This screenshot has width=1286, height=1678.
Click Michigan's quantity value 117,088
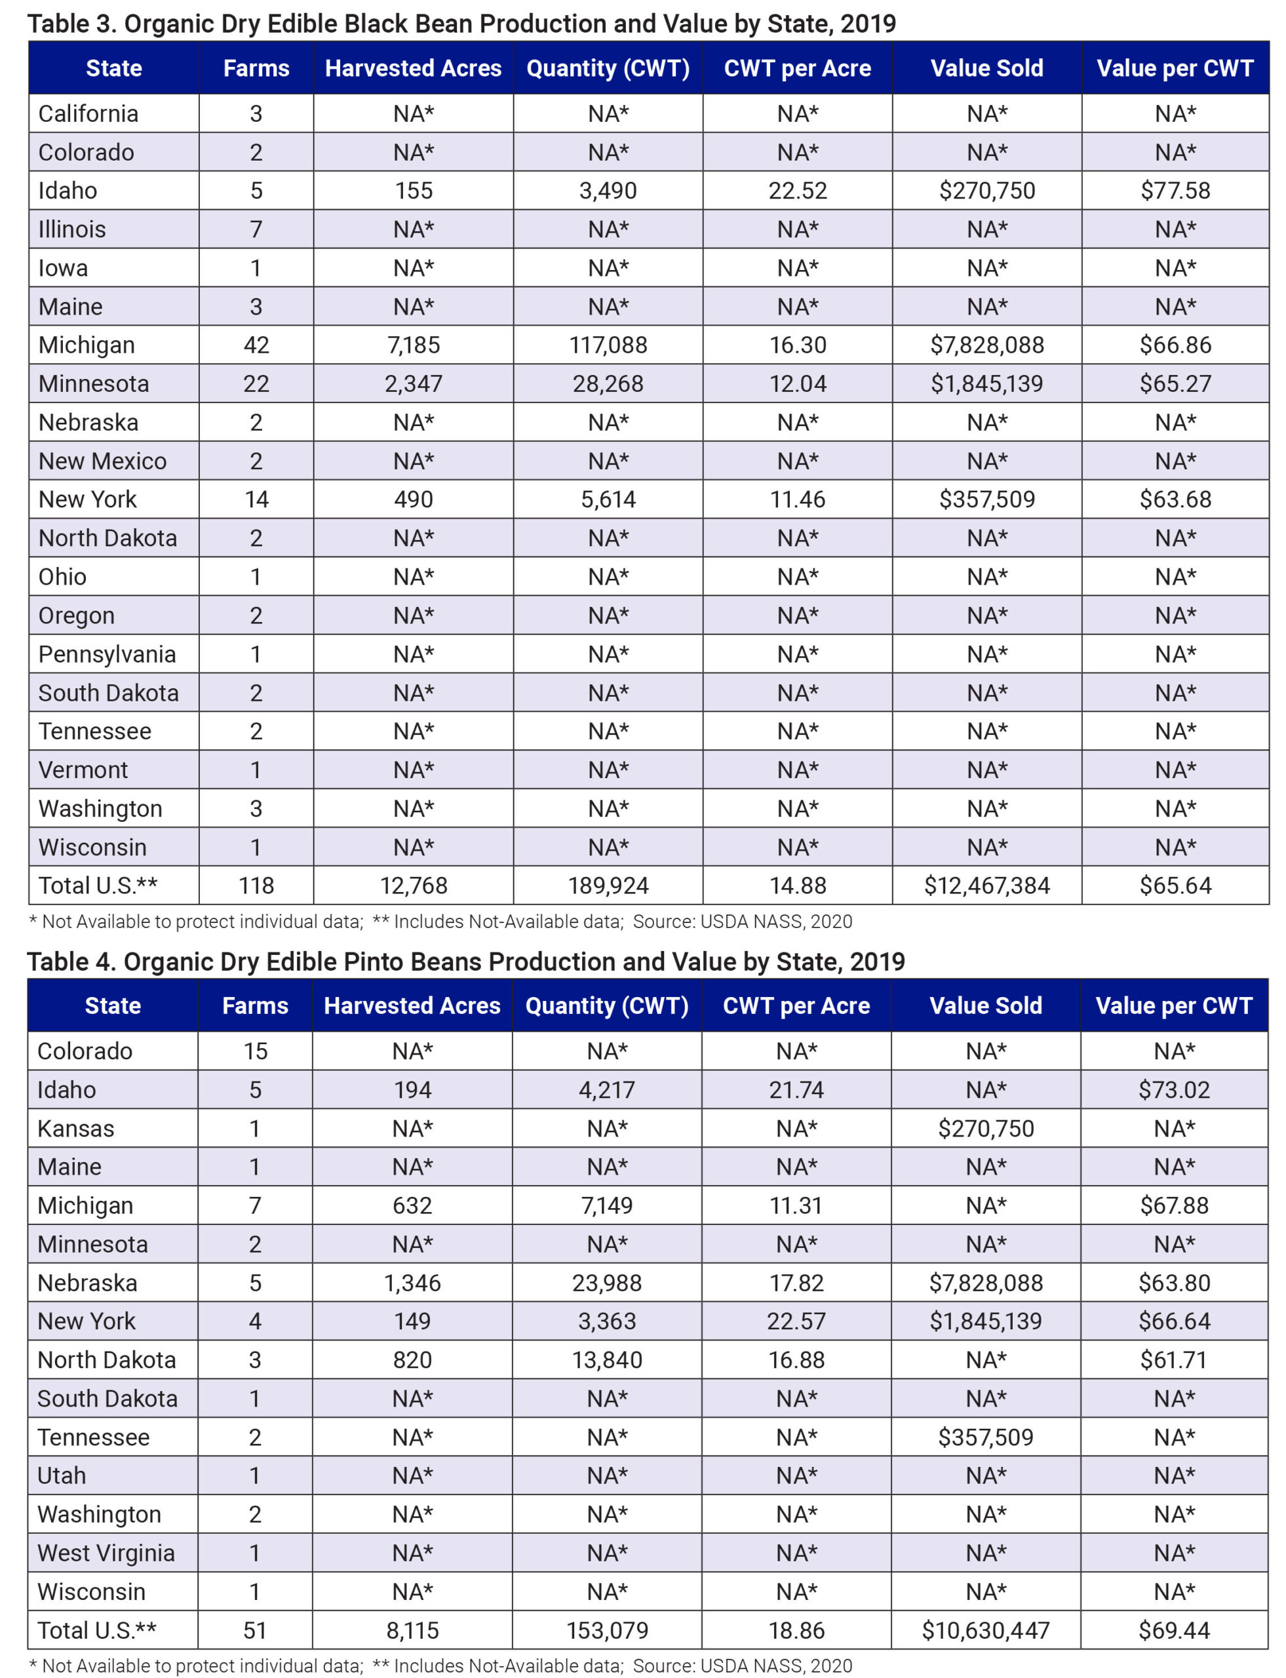pyautogui.click(x=608, y=345)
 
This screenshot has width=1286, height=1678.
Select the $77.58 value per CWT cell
pyautogui.click(x=1175, y=191)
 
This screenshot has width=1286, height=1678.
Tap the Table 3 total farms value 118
pyautogui.click(x=256, y=886)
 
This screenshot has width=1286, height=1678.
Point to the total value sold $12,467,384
pyautogui.click(x=986, y=886)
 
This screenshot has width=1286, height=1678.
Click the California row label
pyautogui.click(x=88, y=114)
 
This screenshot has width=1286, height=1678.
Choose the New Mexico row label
pyautogui.click(x=102, y=461)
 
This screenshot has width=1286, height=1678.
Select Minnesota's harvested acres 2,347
pyautogui.click(x=414, y=383)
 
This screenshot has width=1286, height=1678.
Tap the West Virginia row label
pyautogui.click(x=106, y=1553)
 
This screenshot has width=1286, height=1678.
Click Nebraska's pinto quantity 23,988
pyautogui.click(x=607, y=1283)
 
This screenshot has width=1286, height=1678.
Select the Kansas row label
pyautogui.click(x=76, y=1128)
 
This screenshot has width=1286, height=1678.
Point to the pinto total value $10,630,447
pyautogui.click(x=985, y=1631)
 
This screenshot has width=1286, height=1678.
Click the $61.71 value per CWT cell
pyautogui.click(x=1173, y=1360)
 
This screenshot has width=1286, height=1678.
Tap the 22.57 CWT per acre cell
pyautogui.click(x=796, y=1321)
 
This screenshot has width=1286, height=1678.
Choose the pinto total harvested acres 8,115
pyautogui.click(x=412, y=1631)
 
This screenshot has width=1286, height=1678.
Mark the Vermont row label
pyautogui.click(x=83, y=770)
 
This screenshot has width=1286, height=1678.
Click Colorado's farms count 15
pyautogui.click(x=256, y=1051)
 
